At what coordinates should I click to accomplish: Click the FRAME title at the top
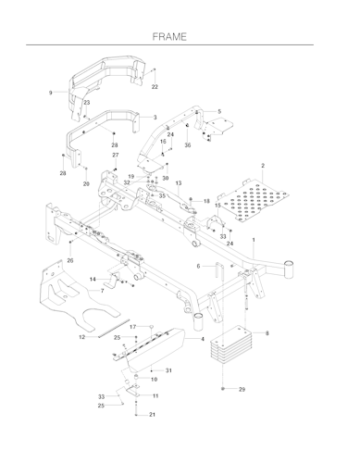point(169,37)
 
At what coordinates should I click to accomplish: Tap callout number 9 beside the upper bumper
point(51,93)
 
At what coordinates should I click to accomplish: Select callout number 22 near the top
point(155,87)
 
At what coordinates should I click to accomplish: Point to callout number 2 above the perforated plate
point(263,166)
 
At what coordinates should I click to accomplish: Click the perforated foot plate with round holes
point(253,200)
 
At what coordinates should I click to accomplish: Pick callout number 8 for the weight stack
point(267,333)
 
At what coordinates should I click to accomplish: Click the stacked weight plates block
point(231,344)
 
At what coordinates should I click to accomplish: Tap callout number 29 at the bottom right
point(242,389)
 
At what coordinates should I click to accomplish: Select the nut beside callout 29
point(223,388)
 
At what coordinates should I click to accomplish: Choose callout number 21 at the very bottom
point(152,415)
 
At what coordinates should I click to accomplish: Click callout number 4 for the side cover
point(203,339)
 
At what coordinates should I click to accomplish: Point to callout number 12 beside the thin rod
point(81,337)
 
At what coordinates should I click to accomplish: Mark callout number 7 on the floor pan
point(102,291)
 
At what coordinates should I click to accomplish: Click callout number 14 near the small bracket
point(93,280)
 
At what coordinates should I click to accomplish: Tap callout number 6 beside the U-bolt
point(198,266)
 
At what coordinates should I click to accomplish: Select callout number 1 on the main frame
point(254,240)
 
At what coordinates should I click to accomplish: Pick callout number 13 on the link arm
point(179,183)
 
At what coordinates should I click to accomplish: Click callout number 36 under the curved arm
point(188,145)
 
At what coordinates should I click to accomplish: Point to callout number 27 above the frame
point(116,155)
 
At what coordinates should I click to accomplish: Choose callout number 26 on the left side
point(70,260)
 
